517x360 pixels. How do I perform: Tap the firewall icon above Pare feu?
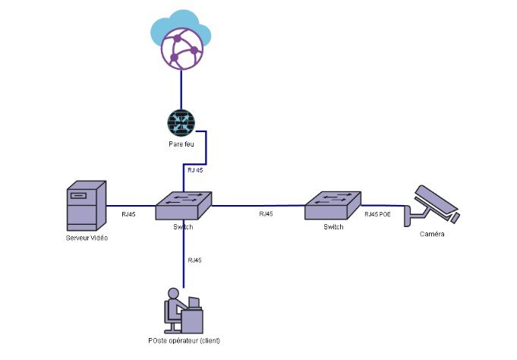[x=181, y=123]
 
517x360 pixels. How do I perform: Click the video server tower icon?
[x=85, y=205]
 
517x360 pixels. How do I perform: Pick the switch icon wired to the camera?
[x=333, y=205]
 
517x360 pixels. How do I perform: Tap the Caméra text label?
[x=432, y=235]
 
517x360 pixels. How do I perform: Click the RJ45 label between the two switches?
[x=266, y=215]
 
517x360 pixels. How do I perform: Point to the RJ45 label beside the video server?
[x=129, y=215]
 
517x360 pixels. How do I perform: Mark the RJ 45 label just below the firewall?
[x=195, y=170]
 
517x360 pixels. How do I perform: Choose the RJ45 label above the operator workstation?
[x=194, y=261]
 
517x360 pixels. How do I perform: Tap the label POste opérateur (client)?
[x=184, y=340]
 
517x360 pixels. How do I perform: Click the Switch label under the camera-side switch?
[x=334, y=226]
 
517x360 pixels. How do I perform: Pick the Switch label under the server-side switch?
[x=183, y=227]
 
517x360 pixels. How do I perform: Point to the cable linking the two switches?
[x=258, y=205]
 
